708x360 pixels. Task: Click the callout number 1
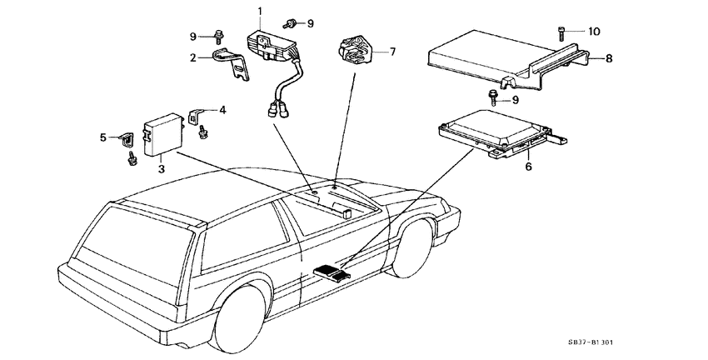(260, 11)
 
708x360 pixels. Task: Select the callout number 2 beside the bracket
(192, 58)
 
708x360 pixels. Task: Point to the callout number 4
(222, 109)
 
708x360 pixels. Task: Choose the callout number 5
(103, 137)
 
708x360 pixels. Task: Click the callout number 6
(527, 167)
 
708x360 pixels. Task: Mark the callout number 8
(609, 59)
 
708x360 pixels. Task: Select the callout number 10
(593, 32)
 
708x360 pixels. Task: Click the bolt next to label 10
(560, 32)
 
